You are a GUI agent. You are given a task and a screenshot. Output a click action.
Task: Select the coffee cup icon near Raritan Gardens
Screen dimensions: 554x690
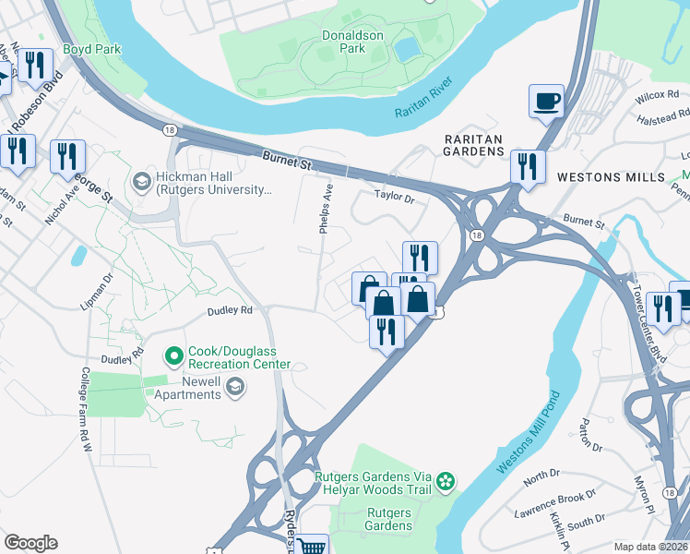(546, 101)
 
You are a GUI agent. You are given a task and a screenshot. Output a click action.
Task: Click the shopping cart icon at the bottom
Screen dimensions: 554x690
(312, 547)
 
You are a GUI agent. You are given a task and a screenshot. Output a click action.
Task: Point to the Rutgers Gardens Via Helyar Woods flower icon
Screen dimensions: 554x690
(446, 480)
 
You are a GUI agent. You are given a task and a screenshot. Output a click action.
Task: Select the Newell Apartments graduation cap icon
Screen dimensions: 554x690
(235, 387)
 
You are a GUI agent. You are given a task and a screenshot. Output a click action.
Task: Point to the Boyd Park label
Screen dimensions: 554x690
(92, 49)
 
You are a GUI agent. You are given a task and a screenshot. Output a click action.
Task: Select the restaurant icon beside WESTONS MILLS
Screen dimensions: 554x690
(528, 167)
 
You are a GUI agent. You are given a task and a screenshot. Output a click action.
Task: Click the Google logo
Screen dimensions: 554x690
(30, 543)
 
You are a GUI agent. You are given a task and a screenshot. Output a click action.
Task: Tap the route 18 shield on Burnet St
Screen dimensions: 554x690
(169, 131)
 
